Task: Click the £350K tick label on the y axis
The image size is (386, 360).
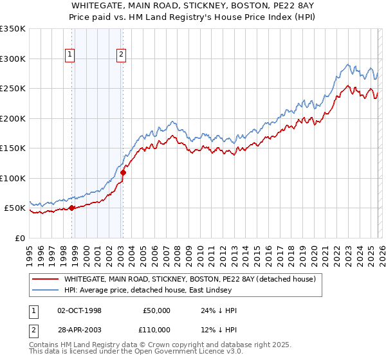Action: (13, 29)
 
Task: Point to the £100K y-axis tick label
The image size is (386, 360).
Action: (13, 178)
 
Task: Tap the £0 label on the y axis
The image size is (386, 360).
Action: (21, 238)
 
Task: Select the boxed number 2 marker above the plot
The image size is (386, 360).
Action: (121, 55)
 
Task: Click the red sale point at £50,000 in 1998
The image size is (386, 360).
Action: (72, 208)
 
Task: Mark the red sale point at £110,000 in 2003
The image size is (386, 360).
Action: (124, 172)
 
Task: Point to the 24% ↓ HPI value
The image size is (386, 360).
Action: (219, 310)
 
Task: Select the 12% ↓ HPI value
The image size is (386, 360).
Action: (219, 329)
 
